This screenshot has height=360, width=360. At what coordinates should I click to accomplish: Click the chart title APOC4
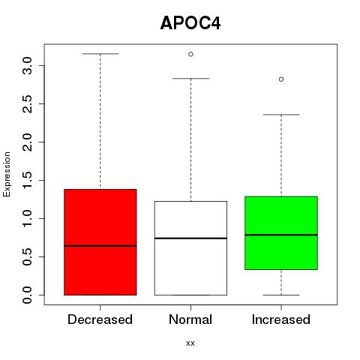(x=190, y=23)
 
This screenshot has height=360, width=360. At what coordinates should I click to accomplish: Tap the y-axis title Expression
(x=7, y=174)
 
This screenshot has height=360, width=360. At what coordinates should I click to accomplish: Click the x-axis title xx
(x=190, y=343)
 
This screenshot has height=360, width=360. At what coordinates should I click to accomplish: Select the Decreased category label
(x=100, y=319)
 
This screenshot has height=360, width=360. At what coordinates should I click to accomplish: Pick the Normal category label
(x=190, y=319)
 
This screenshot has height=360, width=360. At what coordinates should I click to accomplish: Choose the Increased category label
(x=281, y=319)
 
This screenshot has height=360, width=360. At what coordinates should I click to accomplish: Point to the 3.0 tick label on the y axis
(x=27, y=65)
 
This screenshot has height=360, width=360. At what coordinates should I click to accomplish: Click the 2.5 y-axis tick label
(x=27, y=103)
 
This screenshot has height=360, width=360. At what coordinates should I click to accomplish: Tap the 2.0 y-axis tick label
(x=27, y=142)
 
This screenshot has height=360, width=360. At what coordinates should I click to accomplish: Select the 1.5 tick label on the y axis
(x=27, y=180)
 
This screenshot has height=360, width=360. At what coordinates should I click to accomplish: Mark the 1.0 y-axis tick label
(x=27, y=218)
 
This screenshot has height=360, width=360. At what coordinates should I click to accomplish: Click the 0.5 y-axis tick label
(x=27, y=256)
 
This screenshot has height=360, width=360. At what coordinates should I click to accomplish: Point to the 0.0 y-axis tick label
(x=27, y=295)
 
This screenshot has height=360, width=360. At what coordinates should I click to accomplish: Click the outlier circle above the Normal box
(x=190, y=54)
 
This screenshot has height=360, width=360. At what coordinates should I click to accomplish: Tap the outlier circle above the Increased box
(x=281, y=79)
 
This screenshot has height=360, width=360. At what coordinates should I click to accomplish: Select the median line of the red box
(x=100, y=246)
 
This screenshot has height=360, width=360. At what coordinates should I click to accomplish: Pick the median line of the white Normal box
(x=190, y=238)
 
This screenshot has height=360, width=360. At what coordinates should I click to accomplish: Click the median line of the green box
(x=281, y=235)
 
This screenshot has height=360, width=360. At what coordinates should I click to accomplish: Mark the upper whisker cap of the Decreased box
(x=100, y=54)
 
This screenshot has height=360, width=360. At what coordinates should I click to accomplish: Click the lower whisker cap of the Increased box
(x=281, y=295)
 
